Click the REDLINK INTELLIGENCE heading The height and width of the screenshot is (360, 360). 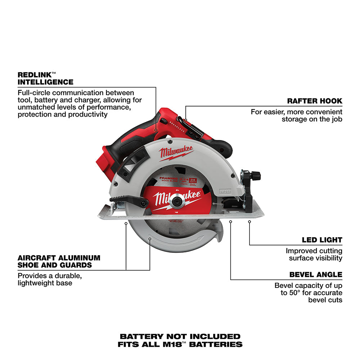coord(45,78)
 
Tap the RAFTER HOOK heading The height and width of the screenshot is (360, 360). coord(315,101)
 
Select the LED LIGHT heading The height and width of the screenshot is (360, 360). coord(322,240)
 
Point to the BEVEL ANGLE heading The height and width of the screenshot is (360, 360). coord(316,275)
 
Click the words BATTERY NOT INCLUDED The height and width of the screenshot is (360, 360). coord(180,337)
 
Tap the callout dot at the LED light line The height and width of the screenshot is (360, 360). coord(249,222)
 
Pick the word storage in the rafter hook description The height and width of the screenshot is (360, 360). coord(295,119)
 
